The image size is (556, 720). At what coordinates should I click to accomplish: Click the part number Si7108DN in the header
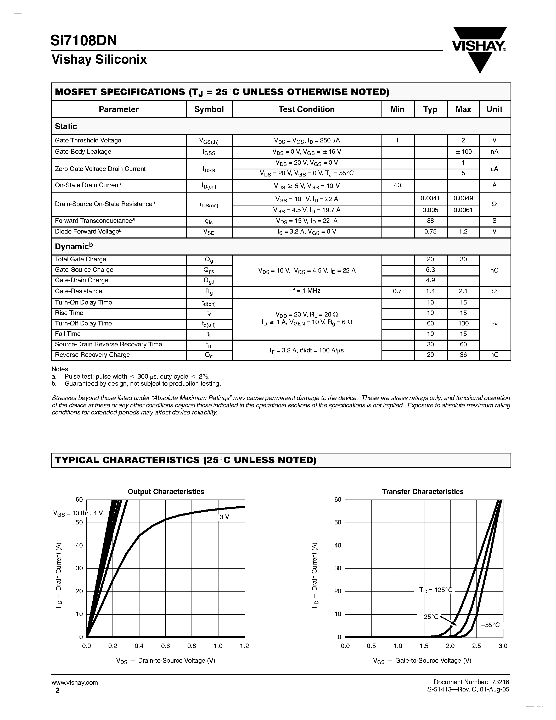[84, 41]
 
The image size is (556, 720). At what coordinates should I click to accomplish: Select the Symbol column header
[209, 109]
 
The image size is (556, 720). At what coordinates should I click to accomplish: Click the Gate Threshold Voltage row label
[88, 140]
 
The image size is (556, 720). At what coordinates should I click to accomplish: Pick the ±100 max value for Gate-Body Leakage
[463, 152]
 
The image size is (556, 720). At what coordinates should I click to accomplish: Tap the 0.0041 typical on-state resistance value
[430, 198]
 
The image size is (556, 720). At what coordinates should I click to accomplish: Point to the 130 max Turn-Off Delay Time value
[463, 323]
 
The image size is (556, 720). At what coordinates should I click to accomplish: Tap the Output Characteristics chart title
[166, 491]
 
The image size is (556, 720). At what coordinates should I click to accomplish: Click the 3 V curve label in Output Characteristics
[224, 517]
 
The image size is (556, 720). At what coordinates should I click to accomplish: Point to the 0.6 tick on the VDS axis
[165, 646]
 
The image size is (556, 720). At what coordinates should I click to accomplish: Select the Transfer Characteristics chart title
[423, 491]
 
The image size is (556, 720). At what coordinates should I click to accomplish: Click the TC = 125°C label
[436, 590]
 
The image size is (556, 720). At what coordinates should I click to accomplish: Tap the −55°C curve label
[490, 625]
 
